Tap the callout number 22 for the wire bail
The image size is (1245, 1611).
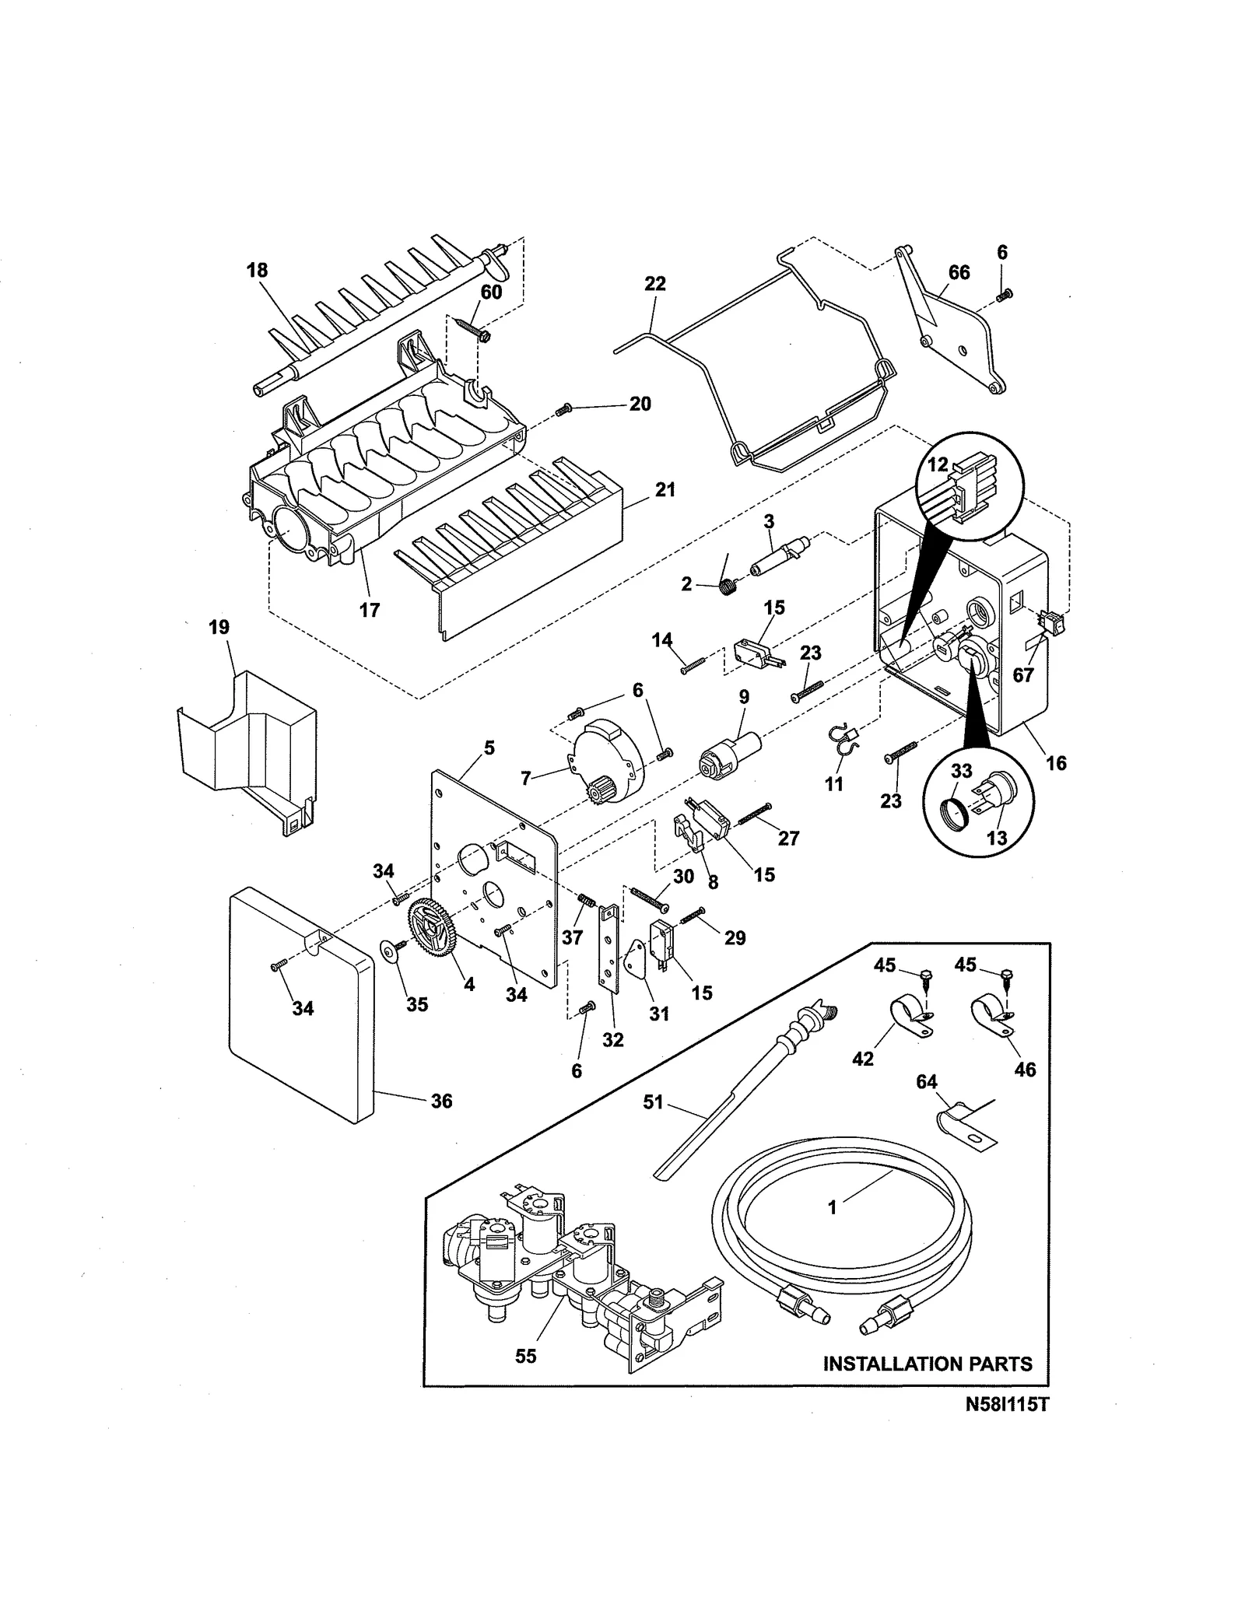(655, 284)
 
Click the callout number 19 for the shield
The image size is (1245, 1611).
(219, 627)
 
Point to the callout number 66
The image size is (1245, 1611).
(959, 272)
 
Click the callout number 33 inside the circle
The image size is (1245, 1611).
(962, 771)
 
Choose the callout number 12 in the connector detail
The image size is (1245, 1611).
(938, 464)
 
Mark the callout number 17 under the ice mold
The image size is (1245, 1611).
(369, 610)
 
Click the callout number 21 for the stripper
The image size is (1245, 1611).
(665, 490)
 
